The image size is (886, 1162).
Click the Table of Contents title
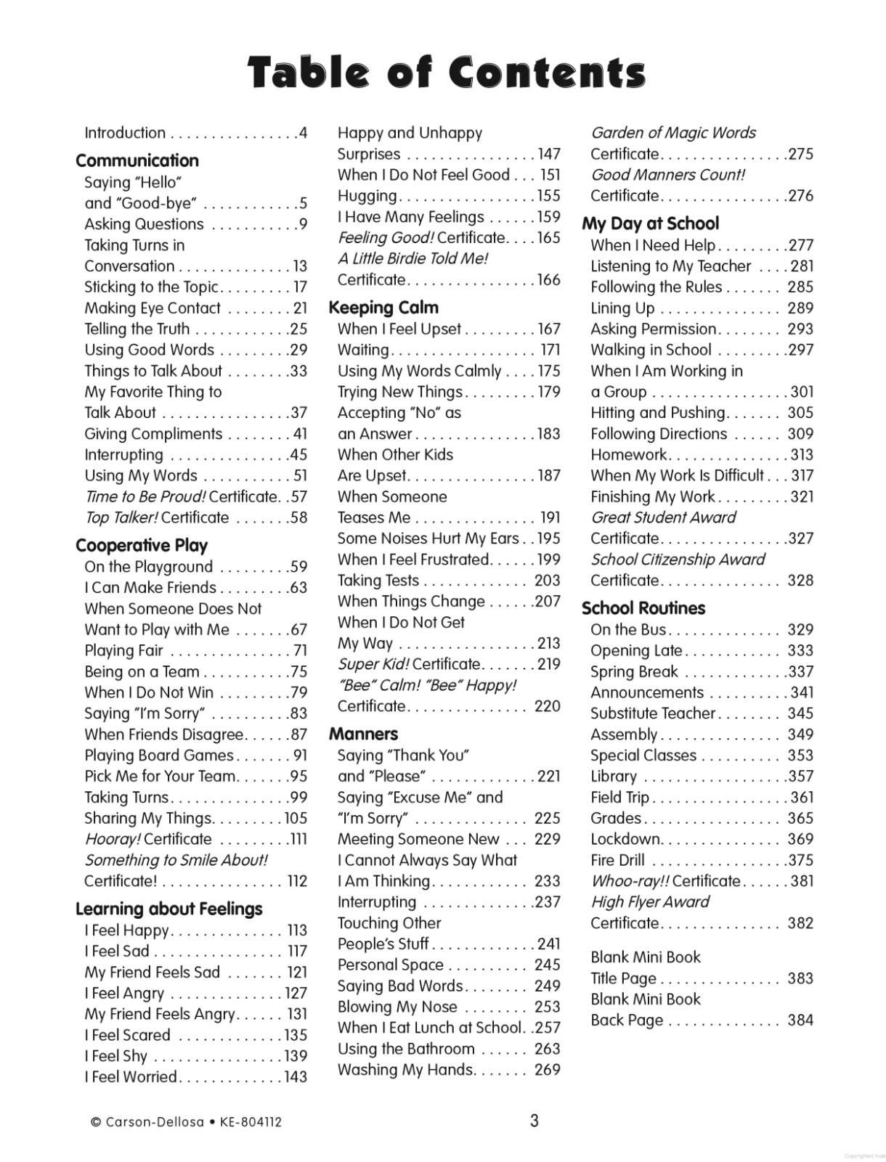pyautogui.click(x=446, y=73)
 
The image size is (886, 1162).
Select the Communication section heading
pyautogui.click(x=137, y=160)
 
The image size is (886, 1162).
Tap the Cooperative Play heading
pyautogui.click(x=141, y=545)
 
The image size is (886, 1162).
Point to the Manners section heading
pyautogui.click(x=363, y=734)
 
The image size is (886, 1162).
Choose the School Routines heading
pyautogui.click(x=643, y=608)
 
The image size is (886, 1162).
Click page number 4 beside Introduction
pyautogui.click(x=303, y=133)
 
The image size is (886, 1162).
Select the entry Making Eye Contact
pyautogui.click(x=153, y=308)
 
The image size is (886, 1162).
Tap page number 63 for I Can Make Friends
pyautogui.click(x=298, y=587)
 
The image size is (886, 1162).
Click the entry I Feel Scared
pyautogui.click(x=127, y=1035)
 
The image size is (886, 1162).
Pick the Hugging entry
pyautogui.click(x=367, y=196)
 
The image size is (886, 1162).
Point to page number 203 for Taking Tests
pyautogui.click(x=547, y=581)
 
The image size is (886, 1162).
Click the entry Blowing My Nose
pyautogui.click(x=397, y=1007)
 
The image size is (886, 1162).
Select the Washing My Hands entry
pyautogui.click(x=405, y=1070)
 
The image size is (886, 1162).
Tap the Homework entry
pyautogui.click(x=628, y=455)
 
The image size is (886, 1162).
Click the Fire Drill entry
pyautogui.click(x=617, y=861)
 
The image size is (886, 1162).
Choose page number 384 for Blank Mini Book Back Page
pyautogui.click(x=800, y=1020)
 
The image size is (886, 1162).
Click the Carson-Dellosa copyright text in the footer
pyautogui.click(x=186, y=1121)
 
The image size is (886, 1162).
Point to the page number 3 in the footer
pyautogui.click(x=534, y=1121)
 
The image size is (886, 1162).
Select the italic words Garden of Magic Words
pyautogui.click(x=672, y=133)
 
